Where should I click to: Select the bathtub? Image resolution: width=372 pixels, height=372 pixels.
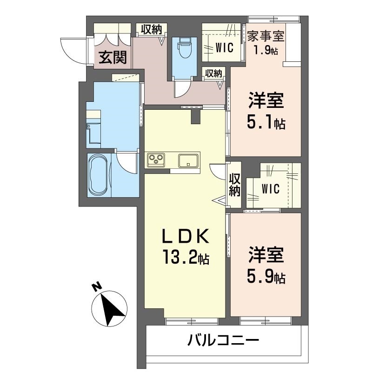point(98,176)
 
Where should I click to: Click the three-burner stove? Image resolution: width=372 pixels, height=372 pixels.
point(156,160)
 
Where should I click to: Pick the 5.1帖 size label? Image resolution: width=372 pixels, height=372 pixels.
point(266,123)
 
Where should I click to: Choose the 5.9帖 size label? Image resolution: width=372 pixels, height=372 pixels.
point(266,278)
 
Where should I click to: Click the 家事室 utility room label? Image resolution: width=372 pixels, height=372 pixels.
point(266,36)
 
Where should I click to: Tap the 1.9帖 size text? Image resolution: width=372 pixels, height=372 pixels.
point(266,50)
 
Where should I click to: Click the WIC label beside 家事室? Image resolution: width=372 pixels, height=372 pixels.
point(224,48)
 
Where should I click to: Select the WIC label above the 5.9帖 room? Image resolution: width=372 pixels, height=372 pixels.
point(270,189)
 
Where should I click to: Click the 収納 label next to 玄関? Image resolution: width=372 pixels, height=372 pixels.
point(152,30)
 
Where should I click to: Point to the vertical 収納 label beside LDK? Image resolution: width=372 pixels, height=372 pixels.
point(234,185)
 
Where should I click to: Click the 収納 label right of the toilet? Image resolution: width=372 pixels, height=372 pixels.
point(213,73)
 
